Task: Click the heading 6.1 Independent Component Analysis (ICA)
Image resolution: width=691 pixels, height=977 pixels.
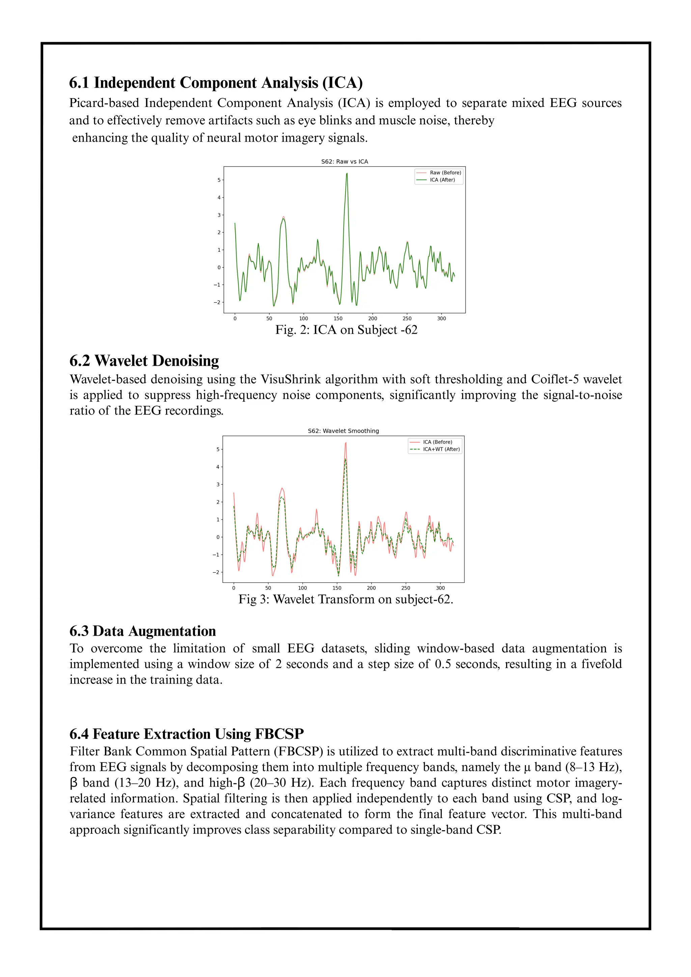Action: [x=216, y=83]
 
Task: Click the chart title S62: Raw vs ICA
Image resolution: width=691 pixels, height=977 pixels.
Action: [x=344, y=162]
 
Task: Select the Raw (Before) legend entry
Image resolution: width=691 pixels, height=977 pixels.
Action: [x=445, y=173]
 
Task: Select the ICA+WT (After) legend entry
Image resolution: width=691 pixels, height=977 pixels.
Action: [x=441, y=449]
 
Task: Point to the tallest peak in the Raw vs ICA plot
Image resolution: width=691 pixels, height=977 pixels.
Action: [x=347, y=174]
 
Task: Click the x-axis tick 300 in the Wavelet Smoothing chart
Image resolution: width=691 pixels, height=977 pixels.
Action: [x=440, y=588]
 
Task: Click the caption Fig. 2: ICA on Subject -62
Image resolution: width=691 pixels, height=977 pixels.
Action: [x=346, y=330]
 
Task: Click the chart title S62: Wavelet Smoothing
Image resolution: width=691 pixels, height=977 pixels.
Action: [x=343, y=431]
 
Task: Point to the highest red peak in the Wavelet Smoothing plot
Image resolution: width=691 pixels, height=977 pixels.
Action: [x=346, y=443]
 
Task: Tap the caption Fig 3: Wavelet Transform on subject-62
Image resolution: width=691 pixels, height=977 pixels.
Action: [x=345, y=599]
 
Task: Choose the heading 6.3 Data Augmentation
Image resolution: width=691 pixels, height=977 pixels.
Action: [x=142, y=631]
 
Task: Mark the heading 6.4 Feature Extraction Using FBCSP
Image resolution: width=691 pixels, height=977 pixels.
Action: [x=186, y=734]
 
